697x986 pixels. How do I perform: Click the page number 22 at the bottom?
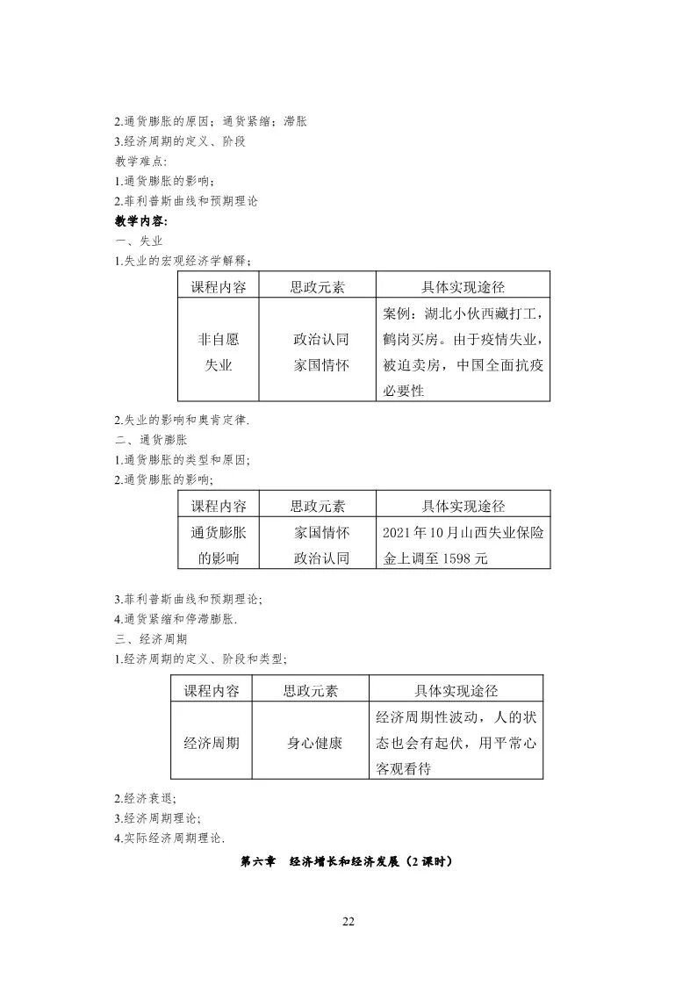tap(348, 921)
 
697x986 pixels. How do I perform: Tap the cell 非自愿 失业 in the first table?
tap(219, 351)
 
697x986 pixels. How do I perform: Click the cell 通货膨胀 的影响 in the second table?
tap(219, 544)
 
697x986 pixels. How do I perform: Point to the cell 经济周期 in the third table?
tap(211, 742)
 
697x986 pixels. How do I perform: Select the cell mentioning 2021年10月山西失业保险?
tap(463, 544)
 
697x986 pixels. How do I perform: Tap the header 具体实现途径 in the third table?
tap(456, 690)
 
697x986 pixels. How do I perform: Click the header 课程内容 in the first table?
tap(219, 286)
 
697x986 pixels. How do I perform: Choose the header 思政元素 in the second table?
tap(318, 506)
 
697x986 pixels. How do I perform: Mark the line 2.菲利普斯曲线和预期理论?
tap(186, 200)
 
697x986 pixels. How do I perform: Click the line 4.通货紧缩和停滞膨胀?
tap(176, 619)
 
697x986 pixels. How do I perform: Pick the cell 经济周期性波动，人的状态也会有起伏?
tap(456, 742)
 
